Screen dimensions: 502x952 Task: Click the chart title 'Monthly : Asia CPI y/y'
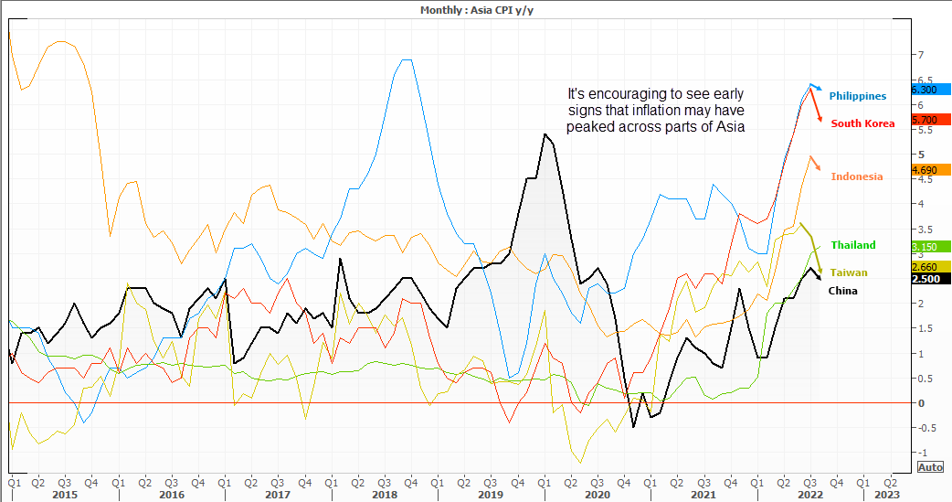click(475, 9)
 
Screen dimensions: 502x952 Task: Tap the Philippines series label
click(857, 96)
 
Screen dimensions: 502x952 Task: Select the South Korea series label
click(862, 123)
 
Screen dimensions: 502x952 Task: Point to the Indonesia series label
click(856, 176)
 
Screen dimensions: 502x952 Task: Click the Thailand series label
click(852, 245)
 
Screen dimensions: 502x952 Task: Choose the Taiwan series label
click(849, 272)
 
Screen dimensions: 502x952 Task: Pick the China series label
click(842, 291)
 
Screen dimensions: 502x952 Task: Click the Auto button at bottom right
click(930, 467)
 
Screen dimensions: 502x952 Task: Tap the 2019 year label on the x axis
click(491, 494)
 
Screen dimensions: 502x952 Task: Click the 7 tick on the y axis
click(920, 55)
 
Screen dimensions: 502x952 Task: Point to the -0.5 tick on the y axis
click(923, 428)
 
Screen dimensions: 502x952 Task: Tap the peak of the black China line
click(545, 134)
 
